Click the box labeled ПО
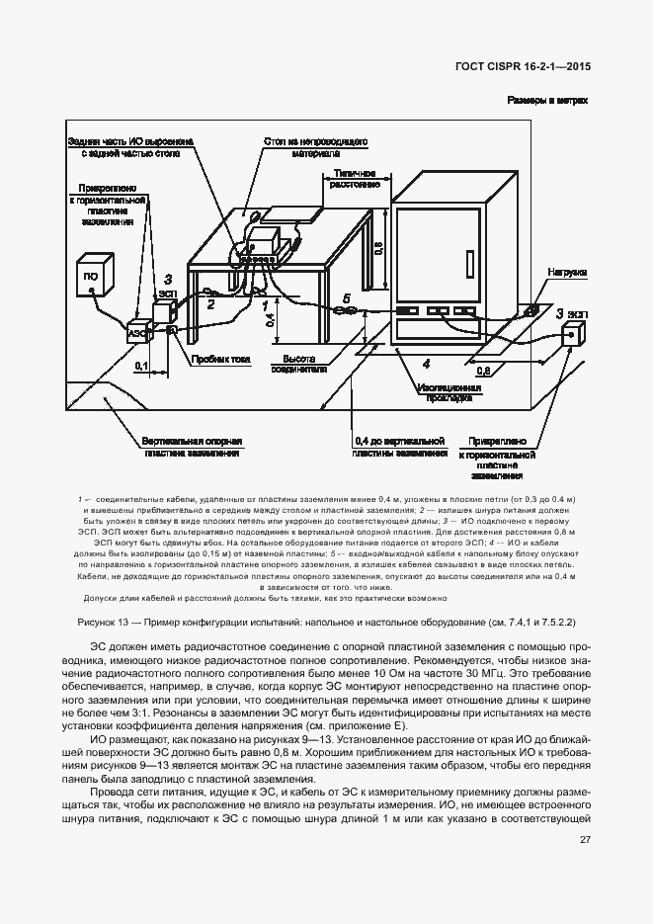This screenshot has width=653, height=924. [x=91, y=276]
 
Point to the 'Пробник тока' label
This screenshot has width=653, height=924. [x=215, y=359]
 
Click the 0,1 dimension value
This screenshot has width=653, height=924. [x=140, y=366]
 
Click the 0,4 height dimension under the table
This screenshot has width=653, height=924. [x=266, y=317]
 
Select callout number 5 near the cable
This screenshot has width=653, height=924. [x=346, y=297]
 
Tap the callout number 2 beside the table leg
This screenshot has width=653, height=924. [x=209, y=305]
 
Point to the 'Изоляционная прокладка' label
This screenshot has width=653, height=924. [x=448, y=393]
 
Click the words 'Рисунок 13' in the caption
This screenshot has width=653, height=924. [x=103, y=620]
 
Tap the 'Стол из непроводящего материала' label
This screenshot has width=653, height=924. [x=315, y=148]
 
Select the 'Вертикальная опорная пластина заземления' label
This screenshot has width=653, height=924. [x=192, y=448]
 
